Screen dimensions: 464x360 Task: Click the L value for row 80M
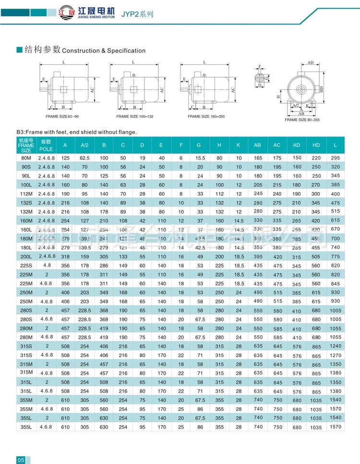pos(335,158)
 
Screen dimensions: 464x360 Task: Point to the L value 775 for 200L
pos(335,257)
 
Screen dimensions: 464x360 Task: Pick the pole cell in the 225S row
pos(47,266)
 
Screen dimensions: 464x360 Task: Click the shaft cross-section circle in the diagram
pos(260,77)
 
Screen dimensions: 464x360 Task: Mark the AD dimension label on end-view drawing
pos(310,63)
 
